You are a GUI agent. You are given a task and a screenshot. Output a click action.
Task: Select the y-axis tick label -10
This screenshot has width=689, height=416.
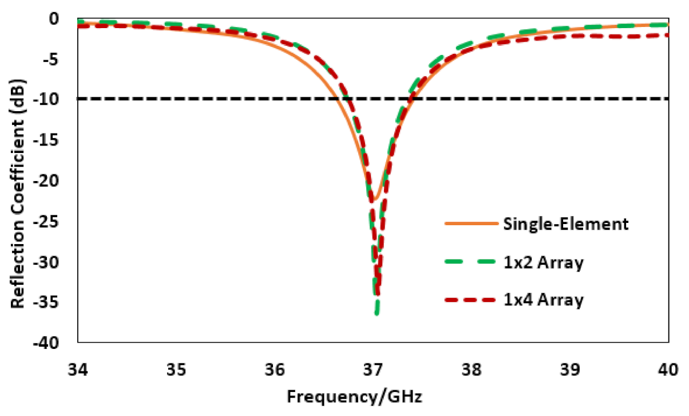point(48,100)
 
